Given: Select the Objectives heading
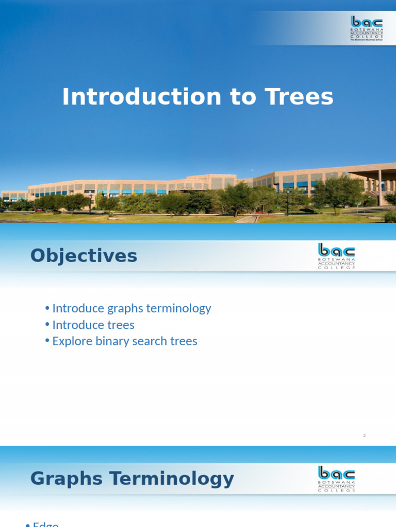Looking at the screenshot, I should click(x=84, y=256).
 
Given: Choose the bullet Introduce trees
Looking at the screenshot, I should click(x=93, y=325).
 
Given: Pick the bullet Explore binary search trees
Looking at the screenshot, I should click(x=124, y=341).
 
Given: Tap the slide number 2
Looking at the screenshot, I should click(x=364, y=436).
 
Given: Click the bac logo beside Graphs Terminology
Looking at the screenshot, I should click(x=336, y=478).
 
